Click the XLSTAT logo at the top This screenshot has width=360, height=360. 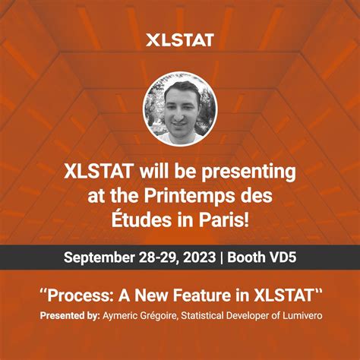(179, 39)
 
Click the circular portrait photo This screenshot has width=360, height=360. (180, 108)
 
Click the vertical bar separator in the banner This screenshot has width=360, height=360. (223, 257)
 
